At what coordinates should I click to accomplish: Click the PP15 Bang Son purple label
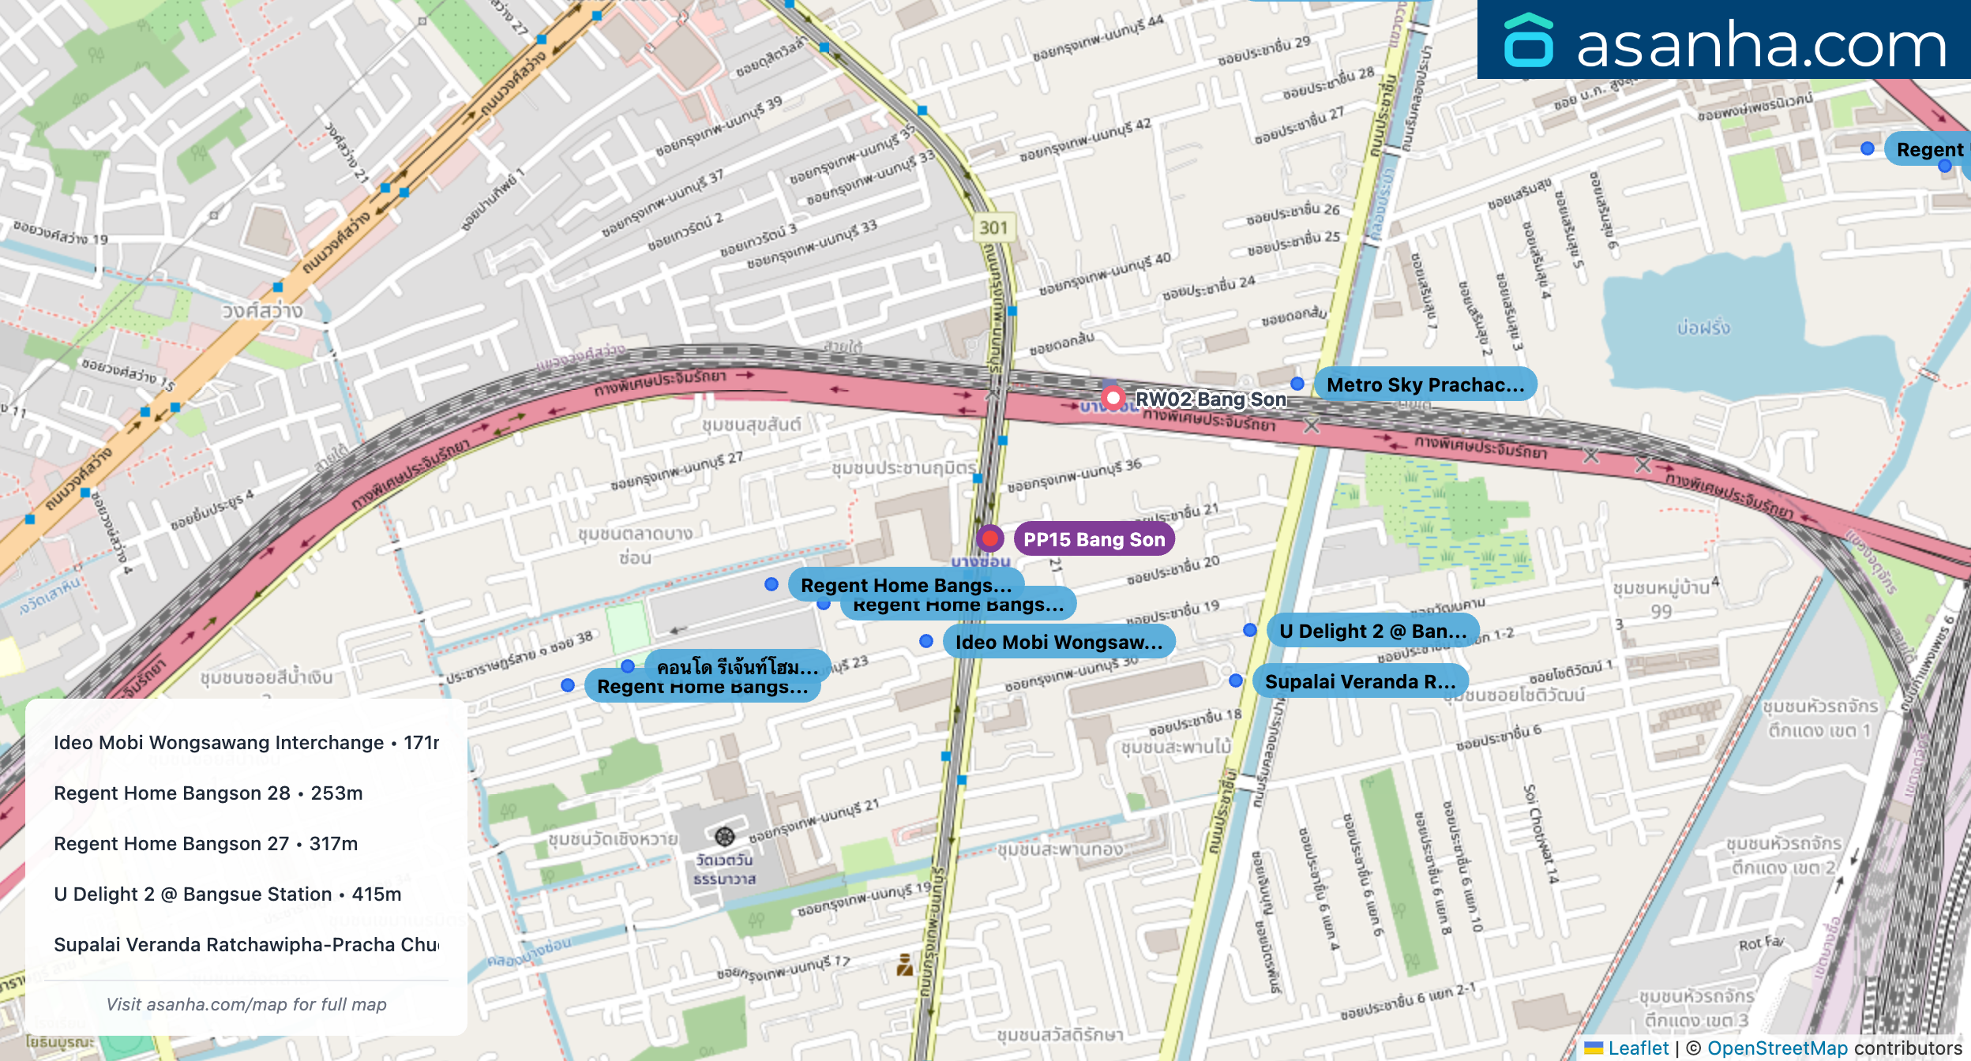pyautogui.click(x=1094, y=540)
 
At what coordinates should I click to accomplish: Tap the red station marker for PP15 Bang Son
pyautogui.click(x=989, y=539)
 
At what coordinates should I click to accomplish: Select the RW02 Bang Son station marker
pyautogui.click(x=1113, y=398)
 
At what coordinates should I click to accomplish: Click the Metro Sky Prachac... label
pyautogui.click(x=1425, y=384)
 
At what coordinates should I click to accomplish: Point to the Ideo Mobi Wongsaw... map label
pyautogui.click(x=1058, y=642)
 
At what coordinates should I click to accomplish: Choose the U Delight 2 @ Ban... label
pyautogui.click(x=1372, y=631)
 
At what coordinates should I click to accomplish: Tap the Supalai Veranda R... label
pyautogui.click(x=1360, y=681)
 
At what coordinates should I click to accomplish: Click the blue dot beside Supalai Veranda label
pyautogui.click(x=1236, y=680)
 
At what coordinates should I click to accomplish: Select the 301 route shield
pyautogui.click(x=993, y=228)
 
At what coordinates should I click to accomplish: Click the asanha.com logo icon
pyautogui.click(x=1529, y=41)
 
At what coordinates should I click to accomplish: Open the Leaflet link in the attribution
pyautogui.click(x=1638, y=1048)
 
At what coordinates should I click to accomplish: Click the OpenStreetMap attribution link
pyautogui.click(x=1777, y=1048)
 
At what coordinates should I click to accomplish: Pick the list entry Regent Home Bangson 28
pyautogui.click(x=208, y=793)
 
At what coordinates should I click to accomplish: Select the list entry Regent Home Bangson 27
pyautogui.click(x=205, y=844)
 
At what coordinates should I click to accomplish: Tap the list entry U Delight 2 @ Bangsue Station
pyautogui.click(x=227, y=894)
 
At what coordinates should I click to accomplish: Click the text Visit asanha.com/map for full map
pyautogui.click(x=246, y=1004)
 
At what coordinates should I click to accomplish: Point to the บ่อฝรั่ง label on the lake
pyautogui.click(x=1703, y=327)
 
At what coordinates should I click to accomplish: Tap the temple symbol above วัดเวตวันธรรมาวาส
pyautogui.click(x=724, y=836)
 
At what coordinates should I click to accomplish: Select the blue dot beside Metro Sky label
pyautogui.click(x=1297, y=384)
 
